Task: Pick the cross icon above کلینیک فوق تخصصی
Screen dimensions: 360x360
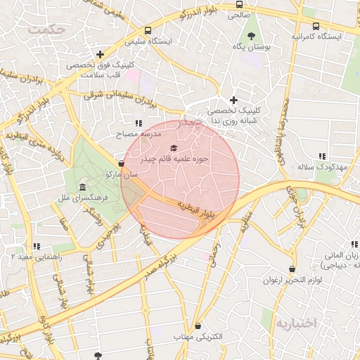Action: (x=101, y=53)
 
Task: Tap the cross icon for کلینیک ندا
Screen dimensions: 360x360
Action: (x=234, y=100)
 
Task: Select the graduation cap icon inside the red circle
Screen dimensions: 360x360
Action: (x=173, y=148)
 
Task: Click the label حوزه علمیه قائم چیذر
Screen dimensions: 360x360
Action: (x=181, y=160)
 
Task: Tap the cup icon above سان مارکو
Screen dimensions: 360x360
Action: (x=121, y=164)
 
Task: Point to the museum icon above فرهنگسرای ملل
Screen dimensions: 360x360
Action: (x=83, y=188)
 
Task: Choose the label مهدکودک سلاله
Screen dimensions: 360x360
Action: (x=323, y=167)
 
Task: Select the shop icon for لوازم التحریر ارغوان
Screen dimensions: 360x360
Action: (x=292, y=269)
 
